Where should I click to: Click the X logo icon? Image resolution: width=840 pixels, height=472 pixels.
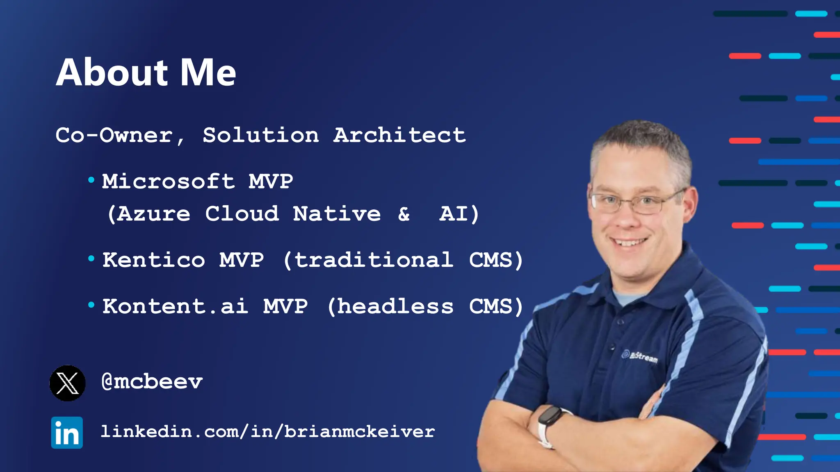pos(68,383)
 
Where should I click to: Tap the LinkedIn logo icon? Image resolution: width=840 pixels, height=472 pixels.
pos(67,433)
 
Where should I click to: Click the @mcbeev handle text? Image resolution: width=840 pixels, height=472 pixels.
pos(152,382)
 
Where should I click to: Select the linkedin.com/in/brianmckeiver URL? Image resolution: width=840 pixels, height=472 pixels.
pos(268,432)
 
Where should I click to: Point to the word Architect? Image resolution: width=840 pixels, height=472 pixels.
pos(399,135)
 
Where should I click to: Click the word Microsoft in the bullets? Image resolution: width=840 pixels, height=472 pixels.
pos(168,182)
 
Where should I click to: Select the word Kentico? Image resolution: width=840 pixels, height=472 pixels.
pos(153,260)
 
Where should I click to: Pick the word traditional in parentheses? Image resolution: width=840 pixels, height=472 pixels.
pos(374,260)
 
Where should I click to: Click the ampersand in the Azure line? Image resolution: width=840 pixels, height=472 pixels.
pos(404,214)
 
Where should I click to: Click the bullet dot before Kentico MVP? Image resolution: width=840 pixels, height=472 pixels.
pos(91,259)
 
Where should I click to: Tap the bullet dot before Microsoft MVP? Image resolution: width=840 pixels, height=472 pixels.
pos(91,180)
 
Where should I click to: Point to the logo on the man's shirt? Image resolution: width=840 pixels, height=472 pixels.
pos(639,356)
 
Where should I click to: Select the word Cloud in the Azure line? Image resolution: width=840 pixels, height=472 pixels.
pos(242,214)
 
